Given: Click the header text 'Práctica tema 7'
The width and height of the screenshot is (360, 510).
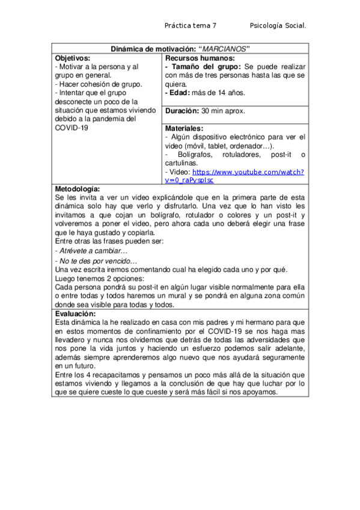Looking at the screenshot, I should pyautogui.click(x=190, y=26).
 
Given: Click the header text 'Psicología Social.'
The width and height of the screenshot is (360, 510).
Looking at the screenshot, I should pyautogui.click(x=278, y=26).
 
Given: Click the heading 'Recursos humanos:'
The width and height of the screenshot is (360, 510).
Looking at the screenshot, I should pyautogui.click(x=193, y=57).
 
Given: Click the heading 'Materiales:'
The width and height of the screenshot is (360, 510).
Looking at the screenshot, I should pyautogui.click(x=184, y=129).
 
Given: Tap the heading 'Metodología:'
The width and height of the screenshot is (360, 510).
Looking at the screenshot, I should pyautogui.click(x=77, y=189).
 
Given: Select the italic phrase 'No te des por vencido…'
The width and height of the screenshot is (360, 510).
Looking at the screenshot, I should pyautogui.click(x=96, y=261).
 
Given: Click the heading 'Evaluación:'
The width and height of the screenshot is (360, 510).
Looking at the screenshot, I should pyautogui.click(x=75, y=314).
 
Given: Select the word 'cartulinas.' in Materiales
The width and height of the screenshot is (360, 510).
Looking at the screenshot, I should pyautogui.click(x=181, y=163).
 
